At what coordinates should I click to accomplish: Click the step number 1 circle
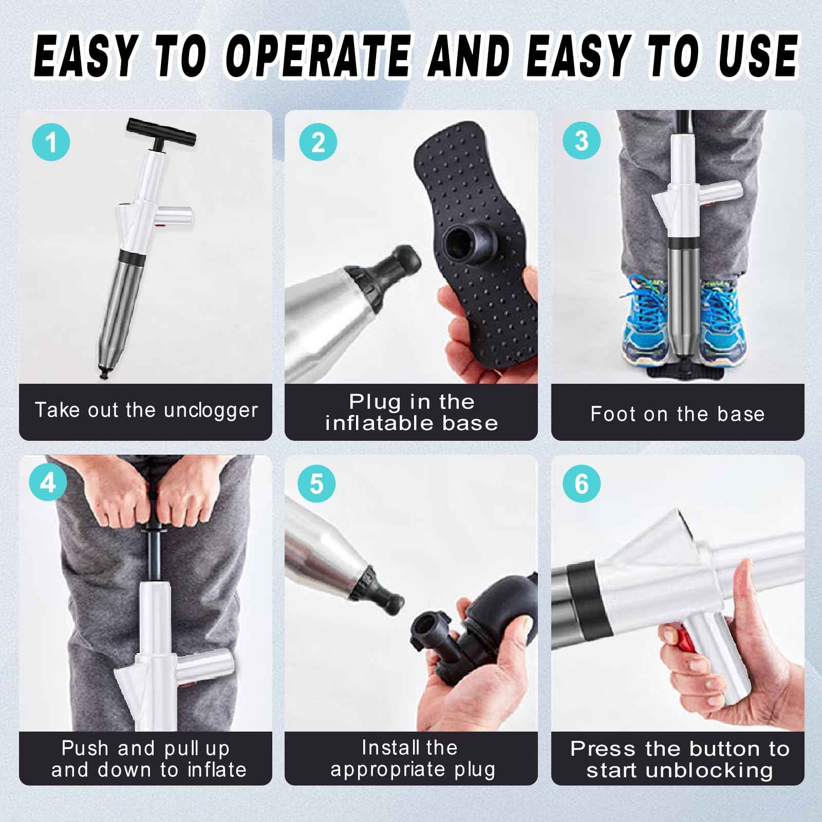click(x=51, y=142)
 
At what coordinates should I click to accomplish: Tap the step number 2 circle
click(x=318, y=142)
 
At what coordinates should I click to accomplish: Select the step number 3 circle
click(x=582, y=140)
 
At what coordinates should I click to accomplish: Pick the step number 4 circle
click(x=48, y=483)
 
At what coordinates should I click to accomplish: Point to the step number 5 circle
click(x=316, y=484)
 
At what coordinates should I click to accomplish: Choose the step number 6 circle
click(x=582, y=484)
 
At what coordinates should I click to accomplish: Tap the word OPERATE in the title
click(x=318, y=55)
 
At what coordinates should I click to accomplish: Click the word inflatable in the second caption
click(x=378, y=423)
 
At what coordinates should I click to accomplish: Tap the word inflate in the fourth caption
click(x=217, y=770)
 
